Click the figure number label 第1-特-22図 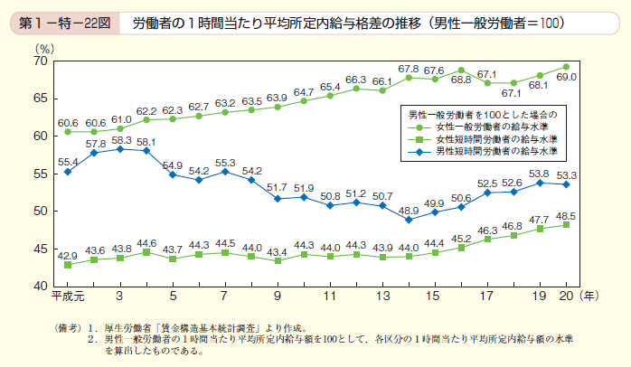tap(62, 20)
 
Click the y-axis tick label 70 tap(40, 61)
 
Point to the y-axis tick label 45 tap(40, 248)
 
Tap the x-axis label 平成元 tap(68, 296)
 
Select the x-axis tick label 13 tap(383, 296)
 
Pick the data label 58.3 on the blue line tap(120, 141)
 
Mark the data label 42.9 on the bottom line tap(68, 256)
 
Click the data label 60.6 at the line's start tap(68, 121)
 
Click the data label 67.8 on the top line tap(410, 69)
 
